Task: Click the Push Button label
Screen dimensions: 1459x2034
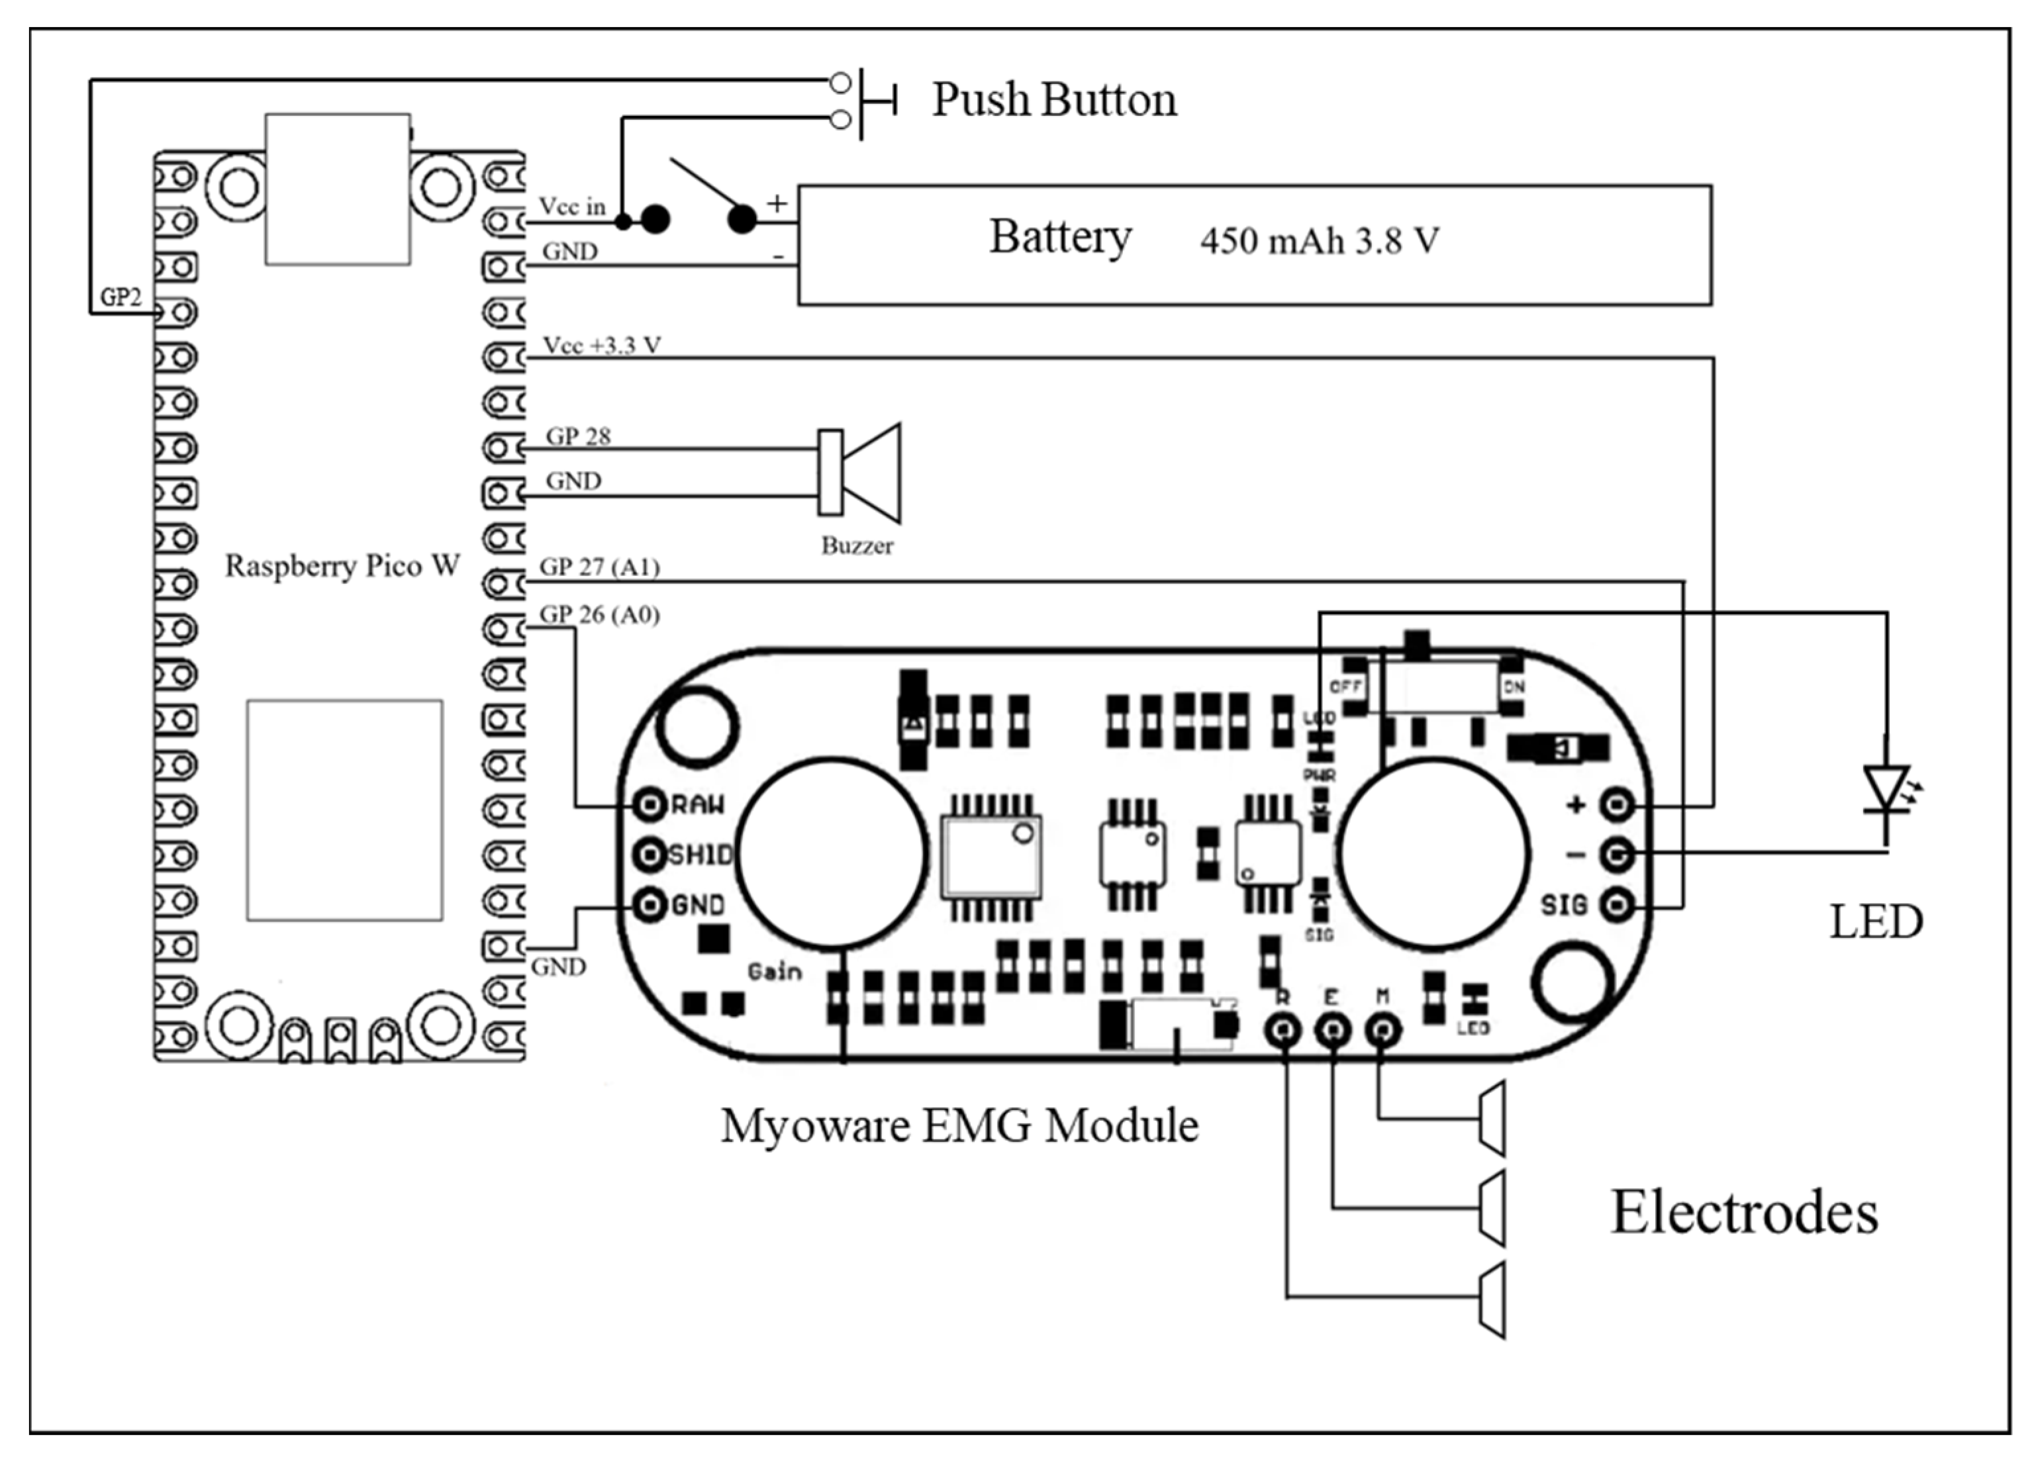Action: click(x=1054, y=99)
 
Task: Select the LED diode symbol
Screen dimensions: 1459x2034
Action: click(x=1886, y=790)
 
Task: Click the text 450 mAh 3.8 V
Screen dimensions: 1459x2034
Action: click(x=1319, y=241)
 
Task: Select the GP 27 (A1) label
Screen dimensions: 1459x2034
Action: click(x=599, y=567)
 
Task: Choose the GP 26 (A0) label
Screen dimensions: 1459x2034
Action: click(x=599, y=615)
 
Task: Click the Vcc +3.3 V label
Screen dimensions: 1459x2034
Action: click(x=602, y=346)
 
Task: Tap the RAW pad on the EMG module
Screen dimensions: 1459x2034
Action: click(x=650, y=804)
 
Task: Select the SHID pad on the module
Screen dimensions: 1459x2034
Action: click(x=650, y=855)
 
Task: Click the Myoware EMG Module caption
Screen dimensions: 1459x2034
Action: click(x=959, y=1126)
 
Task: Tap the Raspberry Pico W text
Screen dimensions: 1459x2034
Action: click(x=342, y=566)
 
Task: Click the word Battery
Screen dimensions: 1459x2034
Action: click(x=1060, y=238)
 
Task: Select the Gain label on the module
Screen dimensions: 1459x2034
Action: click(x=774, y=972)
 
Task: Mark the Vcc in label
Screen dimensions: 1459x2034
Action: click(x=571, y=207)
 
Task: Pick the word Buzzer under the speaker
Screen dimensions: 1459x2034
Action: click(x=857, y=546)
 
